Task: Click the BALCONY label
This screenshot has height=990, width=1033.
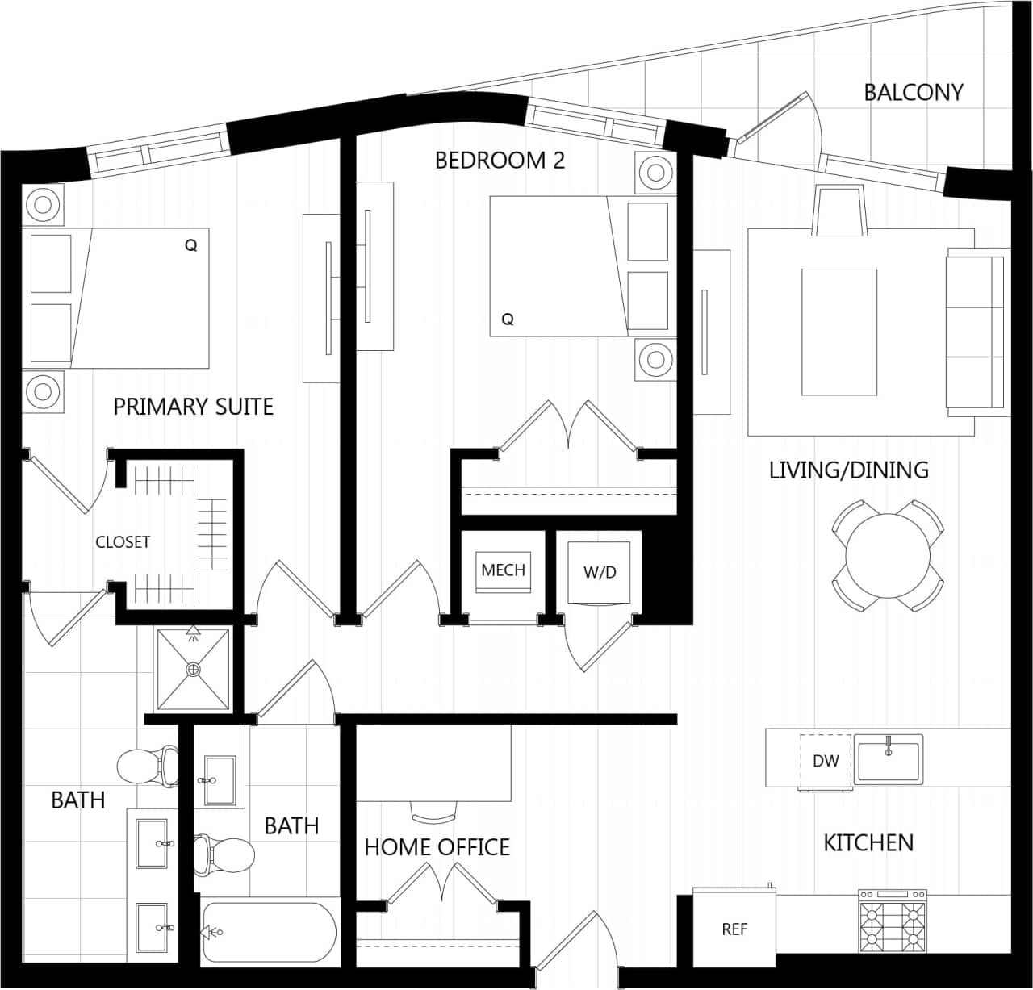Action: (x=913, y=92)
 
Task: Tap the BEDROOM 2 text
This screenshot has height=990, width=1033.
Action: (x=500, y=161)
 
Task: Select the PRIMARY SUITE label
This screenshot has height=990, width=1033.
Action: (x=193, y=406)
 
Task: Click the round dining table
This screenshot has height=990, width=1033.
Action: (x=888, y=555)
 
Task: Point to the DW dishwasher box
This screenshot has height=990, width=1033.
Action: (x=825, y=761)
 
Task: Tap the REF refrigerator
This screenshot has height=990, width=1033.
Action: (x=734, y=929)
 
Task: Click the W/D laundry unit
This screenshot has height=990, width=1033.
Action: (x=599, y=572)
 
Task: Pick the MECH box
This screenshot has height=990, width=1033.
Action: (x=503, y=570)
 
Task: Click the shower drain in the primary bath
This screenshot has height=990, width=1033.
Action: (x=193, y=669)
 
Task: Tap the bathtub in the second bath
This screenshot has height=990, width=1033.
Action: (x=268, y=932)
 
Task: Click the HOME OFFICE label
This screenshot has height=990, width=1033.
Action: (x=437, y=846)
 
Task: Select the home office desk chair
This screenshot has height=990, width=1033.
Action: (x=433, y=810)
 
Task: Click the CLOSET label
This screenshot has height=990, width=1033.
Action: (x=123, y=542)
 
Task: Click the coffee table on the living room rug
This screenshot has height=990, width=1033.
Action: (x=839, y=332)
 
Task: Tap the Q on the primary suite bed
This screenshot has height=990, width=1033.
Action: (x=191, y=245)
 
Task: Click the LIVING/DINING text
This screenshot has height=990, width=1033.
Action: (x=848, y=470)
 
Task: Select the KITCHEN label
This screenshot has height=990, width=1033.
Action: (x=868, y=842)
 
